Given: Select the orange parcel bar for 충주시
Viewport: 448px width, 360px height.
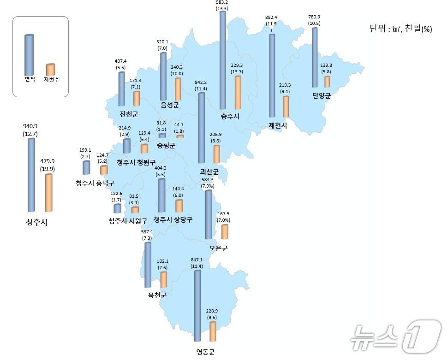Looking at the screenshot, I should click(x=238, y=92).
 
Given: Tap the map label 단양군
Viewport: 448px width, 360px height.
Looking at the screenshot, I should click(x=322, y=96).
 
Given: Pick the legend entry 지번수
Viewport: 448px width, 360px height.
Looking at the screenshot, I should click(x=51, y=79).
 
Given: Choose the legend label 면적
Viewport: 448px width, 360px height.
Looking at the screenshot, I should click(x=30, y=79).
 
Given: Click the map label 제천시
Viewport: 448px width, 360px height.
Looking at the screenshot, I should click(x=278, y=125).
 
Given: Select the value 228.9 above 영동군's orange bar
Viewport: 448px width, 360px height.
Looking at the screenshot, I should click(x=213, y=311).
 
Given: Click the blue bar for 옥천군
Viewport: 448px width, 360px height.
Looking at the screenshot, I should click(x=148, y=265).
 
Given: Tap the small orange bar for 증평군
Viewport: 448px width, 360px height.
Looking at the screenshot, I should click(x=180, y=136).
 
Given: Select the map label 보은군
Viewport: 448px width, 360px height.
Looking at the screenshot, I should click(x=218, y=248).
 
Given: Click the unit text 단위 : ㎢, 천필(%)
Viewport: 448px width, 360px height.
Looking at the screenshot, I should click(x=400, y=29).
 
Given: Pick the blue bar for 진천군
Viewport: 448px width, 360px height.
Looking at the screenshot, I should click(x=121, y=89).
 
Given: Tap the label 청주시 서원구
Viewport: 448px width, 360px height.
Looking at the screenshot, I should click(x=127, y=221).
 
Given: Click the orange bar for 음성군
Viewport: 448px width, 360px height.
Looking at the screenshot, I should click(x=178, y=89).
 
